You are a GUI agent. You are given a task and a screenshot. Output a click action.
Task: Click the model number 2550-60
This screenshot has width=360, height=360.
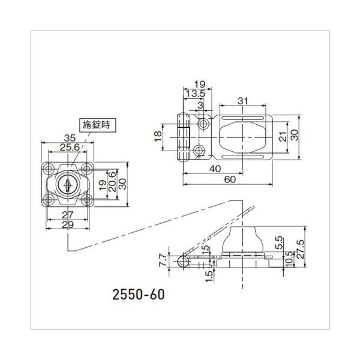[x=139, y=295]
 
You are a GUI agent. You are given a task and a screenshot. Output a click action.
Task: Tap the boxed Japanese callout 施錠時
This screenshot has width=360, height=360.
[x=97, y=125]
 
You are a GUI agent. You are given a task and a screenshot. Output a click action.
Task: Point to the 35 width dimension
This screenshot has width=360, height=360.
[x=70, y=138]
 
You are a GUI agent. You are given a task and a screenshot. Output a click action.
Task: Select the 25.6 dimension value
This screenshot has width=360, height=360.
[x=70, y=148]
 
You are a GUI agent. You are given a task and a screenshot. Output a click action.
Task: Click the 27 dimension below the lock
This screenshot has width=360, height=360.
[x=67, y=215]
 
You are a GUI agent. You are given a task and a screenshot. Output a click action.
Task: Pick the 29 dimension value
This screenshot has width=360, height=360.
[x=67, y=225]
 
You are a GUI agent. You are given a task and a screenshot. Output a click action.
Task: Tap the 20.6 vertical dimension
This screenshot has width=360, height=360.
[x=112, y=182]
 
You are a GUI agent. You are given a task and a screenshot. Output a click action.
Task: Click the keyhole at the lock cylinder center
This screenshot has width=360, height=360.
[x=67, y=185]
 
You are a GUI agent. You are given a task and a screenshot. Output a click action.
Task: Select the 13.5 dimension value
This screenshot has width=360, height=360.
[x=196, y=94]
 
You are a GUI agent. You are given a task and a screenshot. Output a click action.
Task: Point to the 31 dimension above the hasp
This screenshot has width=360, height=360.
[x=243, y=101]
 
